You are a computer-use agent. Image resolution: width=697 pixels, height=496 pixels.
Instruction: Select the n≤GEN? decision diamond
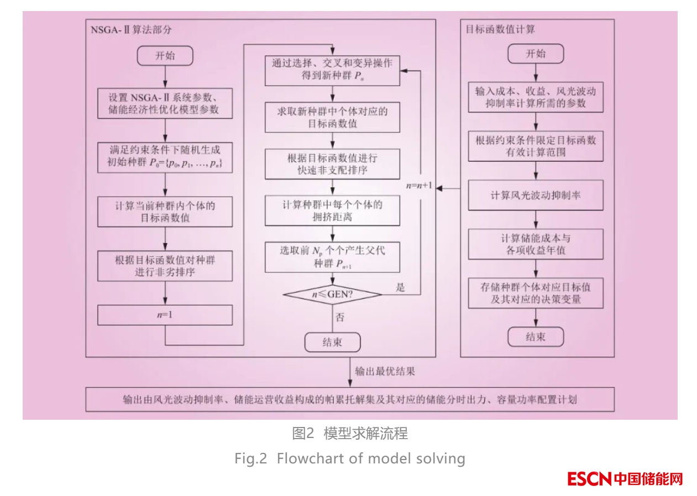tap(332, 295)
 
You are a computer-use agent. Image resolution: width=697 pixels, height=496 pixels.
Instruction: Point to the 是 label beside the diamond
tap(401, 287)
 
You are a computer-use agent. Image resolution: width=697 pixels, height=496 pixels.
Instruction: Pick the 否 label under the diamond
tap(340, 318)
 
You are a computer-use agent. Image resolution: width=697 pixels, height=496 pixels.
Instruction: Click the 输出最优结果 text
tap(385, 371)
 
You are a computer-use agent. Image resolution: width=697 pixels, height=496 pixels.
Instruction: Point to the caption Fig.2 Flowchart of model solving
tap(350, 458)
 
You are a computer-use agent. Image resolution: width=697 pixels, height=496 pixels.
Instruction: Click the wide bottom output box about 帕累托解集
tap(350, 399)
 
